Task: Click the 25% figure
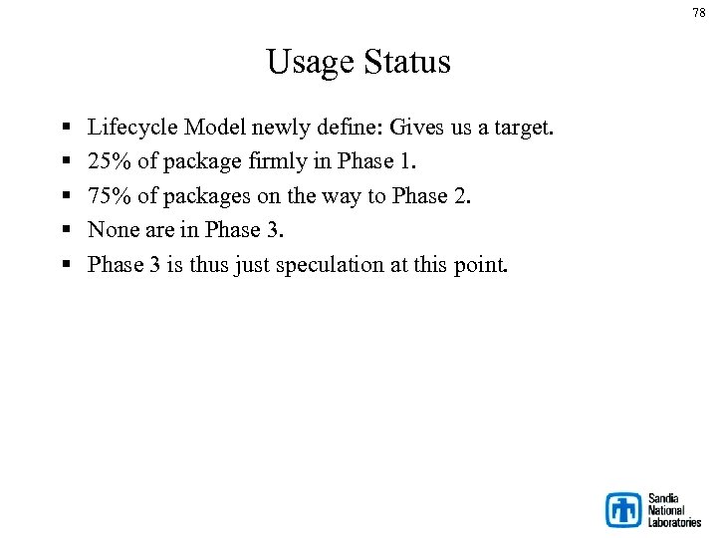tap(108, 161)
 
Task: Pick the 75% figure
tap(108, 196)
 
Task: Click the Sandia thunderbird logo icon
tap(623, 509)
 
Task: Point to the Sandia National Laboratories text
tap(674, 509)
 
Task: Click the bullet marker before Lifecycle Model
tap(65, 129)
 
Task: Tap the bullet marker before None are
tap(65, 231)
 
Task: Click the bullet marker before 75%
tap(65, 197)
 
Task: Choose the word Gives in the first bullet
tap(417, 128)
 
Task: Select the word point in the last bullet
tap(482, 265)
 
